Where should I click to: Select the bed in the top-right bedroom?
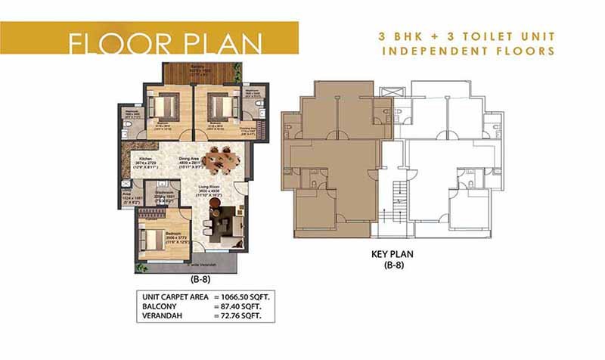click(x=218, y=104)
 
